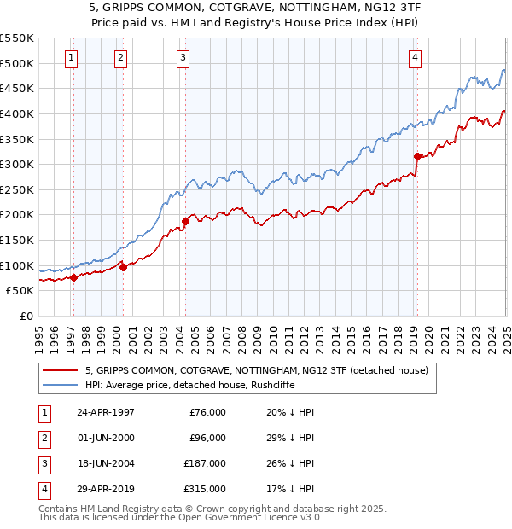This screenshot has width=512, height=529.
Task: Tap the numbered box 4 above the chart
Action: click(415, 58)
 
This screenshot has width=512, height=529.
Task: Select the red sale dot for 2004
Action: click(185, 221)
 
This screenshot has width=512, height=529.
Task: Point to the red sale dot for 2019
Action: click(417, 156)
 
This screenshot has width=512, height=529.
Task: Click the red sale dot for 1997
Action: click(73, 277)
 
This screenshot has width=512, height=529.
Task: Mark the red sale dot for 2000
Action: click(123, 267)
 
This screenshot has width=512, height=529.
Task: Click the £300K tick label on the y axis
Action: click(17, 164)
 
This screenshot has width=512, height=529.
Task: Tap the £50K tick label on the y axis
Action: click(20, 290)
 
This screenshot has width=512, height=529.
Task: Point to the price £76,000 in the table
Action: click(207, 411)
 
